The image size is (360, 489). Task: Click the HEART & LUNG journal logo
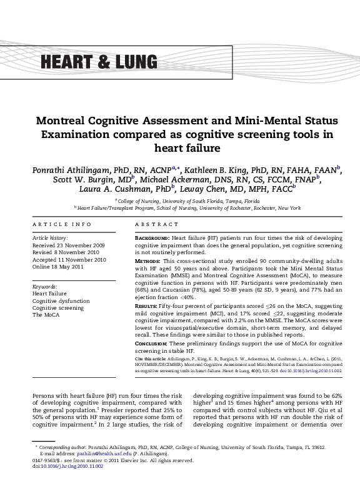(99, 62)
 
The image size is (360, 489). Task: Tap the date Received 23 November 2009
(69, 245)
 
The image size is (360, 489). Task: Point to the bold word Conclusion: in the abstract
(152, 344)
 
